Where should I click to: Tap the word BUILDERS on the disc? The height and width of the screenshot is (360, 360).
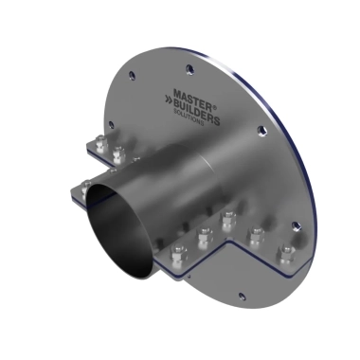pos(196,111)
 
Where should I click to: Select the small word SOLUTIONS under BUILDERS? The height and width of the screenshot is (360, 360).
pos(189,117)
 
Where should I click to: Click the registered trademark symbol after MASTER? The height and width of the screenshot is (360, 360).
pos(215,108)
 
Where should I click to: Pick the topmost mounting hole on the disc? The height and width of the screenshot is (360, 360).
pos(189,69)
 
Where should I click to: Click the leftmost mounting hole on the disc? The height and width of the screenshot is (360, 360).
pos(111,124)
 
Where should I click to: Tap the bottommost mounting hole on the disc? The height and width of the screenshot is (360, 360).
pos(242,296)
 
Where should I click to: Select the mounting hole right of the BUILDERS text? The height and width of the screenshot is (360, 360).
pos(261,131)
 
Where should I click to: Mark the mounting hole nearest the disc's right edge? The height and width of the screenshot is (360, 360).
pos(296,225)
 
